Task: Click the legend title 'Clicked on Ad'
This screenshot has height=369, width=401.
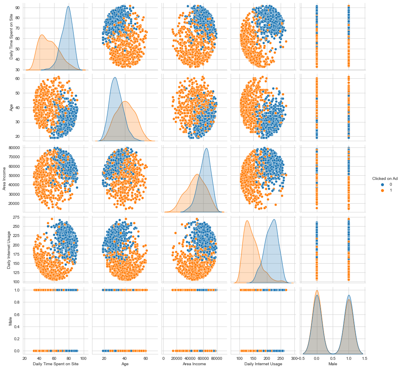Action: (384, 178)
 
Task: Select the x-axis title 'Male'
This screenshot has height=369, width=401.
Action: (333, 364)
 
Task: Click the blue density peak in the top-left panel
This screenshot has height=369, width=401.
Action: (68, 7)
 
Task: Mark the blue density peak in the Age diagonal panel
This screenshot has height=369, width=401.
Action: (115, 77)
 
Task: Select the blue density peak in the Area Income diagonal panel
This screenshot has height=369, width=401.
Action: (206, 149)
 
